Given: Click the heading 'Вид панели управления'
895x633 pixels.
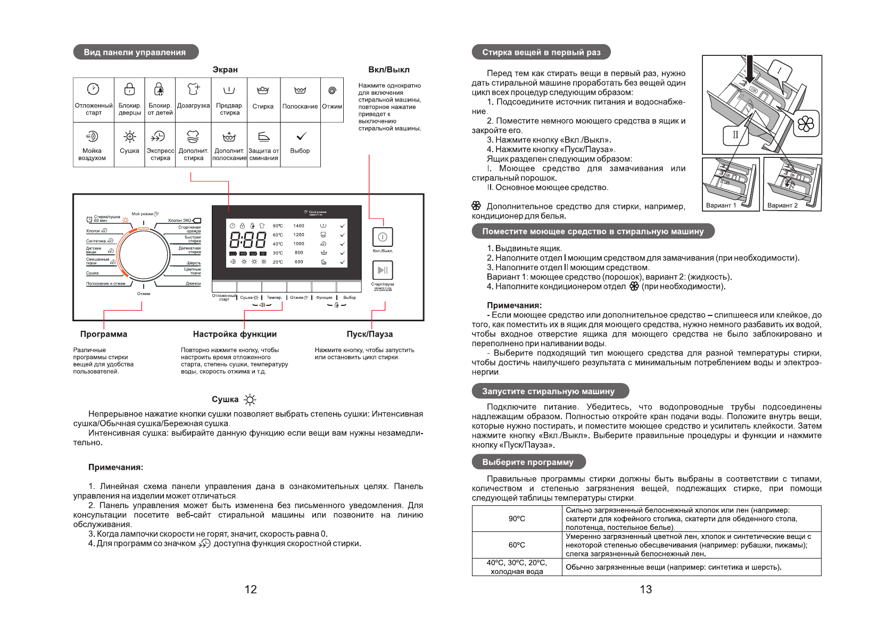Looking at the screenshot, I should [x=135, y=52].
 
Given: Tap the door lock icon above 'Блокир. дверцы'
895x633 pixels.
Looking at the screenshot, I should [x=129, y=89].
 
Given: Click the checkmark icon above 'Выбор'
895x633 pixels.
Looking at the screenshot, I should [x=300, y=137].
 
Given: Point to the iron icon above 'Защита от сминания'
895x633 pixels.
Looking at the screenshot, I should [x=263, y=137].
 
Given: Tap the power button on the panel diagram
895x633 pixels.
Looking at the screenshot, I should [x=382, y=237].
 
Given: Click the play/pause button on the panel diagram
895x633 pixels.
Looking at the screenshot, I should [x=382, y=270].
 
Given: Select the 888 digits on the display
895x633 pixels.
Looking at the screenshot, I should [x=247, y=240].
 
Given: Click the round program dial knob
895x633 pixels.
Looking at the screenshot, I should [x=143, y=253].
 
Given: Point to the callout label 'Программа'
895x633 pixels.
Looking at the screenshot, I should [x=104, y=334].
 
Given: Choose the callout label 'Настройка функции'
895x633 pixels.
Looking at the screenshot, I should [x=235, y=334].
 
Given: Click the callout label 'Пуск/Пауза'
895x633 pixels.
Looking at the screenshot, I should [x=369, y=334].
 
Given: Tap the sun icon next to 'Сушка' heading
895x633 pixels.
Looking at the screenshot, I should [x=250, y=400].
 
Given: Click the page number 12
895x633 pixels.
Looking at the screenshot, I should [x=250, y=589].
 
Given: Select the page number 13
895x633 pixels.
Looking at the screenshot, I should [x=645, y=589].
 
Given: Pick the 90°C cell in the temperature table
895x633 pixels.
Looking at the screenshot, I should [x=517, y=519].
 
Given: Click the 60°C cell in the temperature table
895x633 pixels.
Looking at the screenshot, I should [x=517, y=545].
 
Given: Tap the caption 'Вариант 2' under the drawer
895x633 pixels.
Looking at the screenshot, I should [x=782, y=205].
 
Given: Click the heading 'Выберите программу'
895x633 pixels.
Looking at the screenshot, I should [x=528, y=462].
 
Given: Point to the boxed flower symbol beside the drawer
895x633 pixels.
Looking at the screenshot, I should [x=806, y=124].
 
